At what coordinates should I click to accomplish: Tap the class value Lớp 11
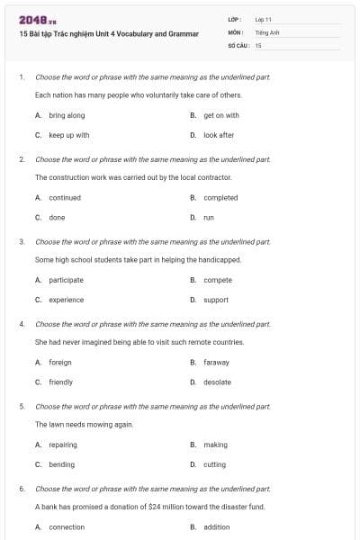click(x=264, y=19)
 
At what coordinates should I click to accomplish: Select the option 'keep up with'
click(x=68, y=135)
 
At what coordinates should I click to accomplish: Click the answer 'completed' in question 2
click(x=220, y=197)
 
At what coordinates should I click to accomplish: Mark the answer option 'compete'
click(x=218, y=280)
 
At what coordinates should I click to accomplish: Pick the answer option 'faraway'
click(x=216, y=362)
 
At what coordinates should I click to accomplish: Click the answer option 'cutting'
click(x=214, y=464)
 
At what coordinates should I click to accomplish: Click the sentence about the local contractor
click(x=124, y=177)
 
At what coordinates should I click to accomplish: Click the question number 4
click(x=22, y=323)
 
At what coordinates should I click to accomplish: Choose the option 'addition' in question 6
click(x=216, y=526)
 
